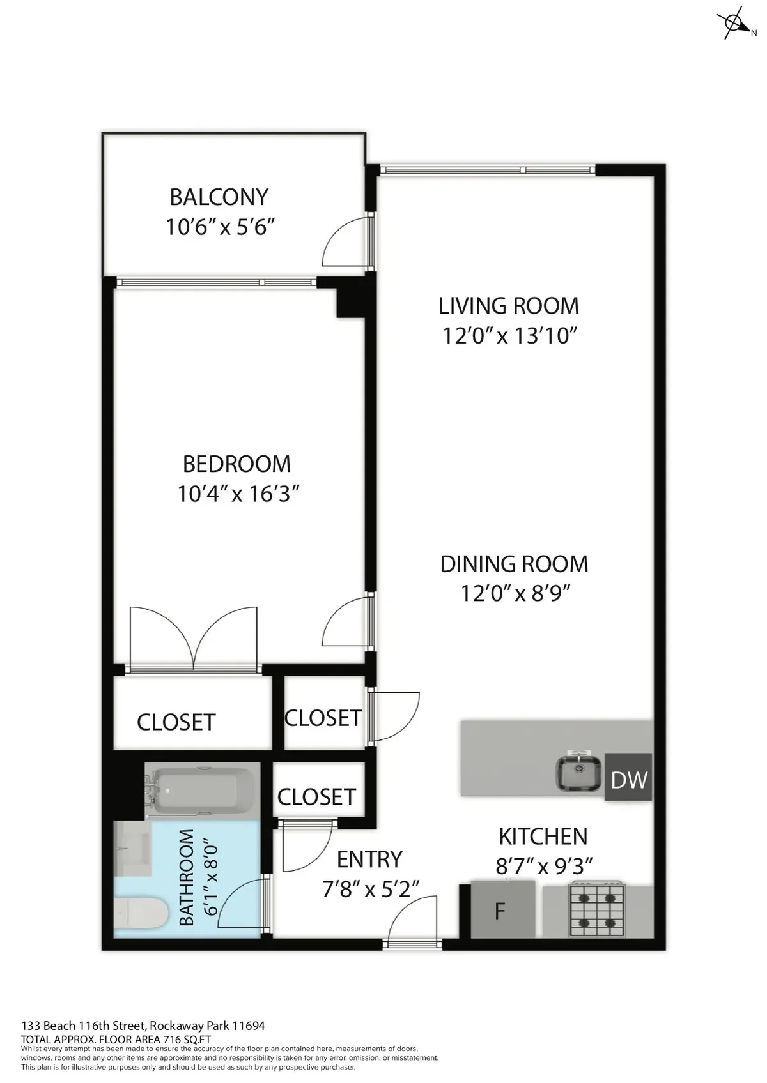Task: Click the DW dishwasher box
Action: tap(628, 778)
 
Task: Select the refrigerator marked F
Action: tap(502, 909)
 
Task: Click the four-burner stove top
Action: tap(596, 909)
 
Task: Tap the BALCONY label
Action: tap(219, 197)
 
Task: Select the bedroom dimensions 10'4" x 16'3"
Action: tap(238, 494)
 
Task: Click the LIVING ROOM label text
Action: tap(508, 306)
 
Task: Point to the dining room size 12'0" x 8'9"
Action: tap(515, 594)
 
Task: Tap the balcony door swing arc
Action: tap(345, 243)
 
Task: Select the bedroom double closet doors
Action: tap(194, 638)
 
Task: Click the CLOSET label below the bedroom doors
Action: tap(176, 722)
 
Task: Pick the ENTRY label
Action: tap(369, 860)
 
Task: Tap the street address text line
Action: tap(143, 1026)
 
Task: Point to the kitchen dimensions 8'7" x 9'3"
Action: tap(544, 867)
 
